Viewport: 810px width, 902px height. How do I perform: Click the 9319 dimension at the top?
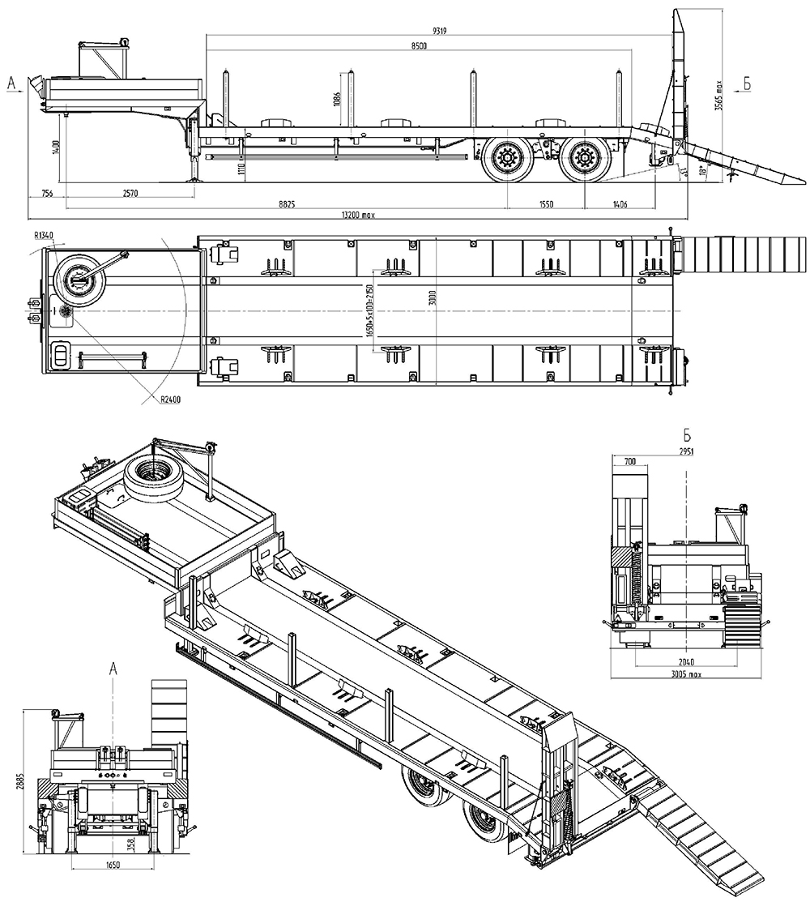click(x=441, y=30)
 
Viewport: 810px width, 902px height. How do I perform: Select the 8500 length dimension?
click(x=419, y=45)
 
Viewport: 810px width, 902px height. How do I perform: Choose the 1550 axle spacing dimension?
click(x=546, y=205)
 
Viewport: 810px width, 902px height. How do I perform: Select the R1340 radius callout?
click(x=44, y=235)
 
